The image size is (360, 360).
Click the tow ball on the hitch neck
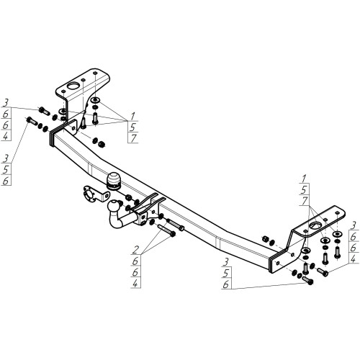coord(113,206)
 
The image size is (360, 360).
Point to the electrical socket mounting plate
coord(95,194)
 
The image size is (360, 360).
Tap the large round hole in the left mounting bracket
coord(73,86)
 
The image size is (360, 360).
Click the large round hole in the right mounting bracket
coord(315,225)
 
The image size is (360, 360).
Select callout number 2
coord(135,250)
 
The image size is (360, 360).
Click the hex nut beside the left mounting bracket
coord(102,144)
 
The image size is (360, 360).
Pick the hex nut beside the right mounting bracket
coord(266,239)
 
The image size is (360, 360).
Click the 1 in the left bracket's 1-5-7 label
coord(132,117)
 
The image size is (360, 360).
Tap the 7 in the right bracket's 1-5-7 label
coord(305,201)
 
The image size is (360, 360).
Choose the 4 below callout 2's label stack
coord(135,284)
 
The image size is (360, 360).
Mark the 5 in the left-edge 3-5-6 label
coord(5,170)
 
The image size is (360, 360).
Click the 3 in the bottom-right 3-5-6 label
coord(225,262)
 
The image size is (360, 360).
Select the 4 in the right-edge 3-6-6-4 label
coord(353,259)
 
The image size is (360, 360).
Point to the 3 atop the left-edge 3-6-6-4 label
coord(5,103)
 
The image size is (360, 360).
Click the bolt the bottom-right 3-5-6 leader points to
coord(308,280)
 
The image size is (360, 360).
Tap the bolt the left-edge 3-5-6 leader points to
coord(32,121)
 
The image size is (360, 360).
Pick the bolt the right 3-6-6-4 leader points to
coord(323,272)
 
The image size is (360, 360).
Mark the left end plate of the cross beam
coord(52,139)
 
